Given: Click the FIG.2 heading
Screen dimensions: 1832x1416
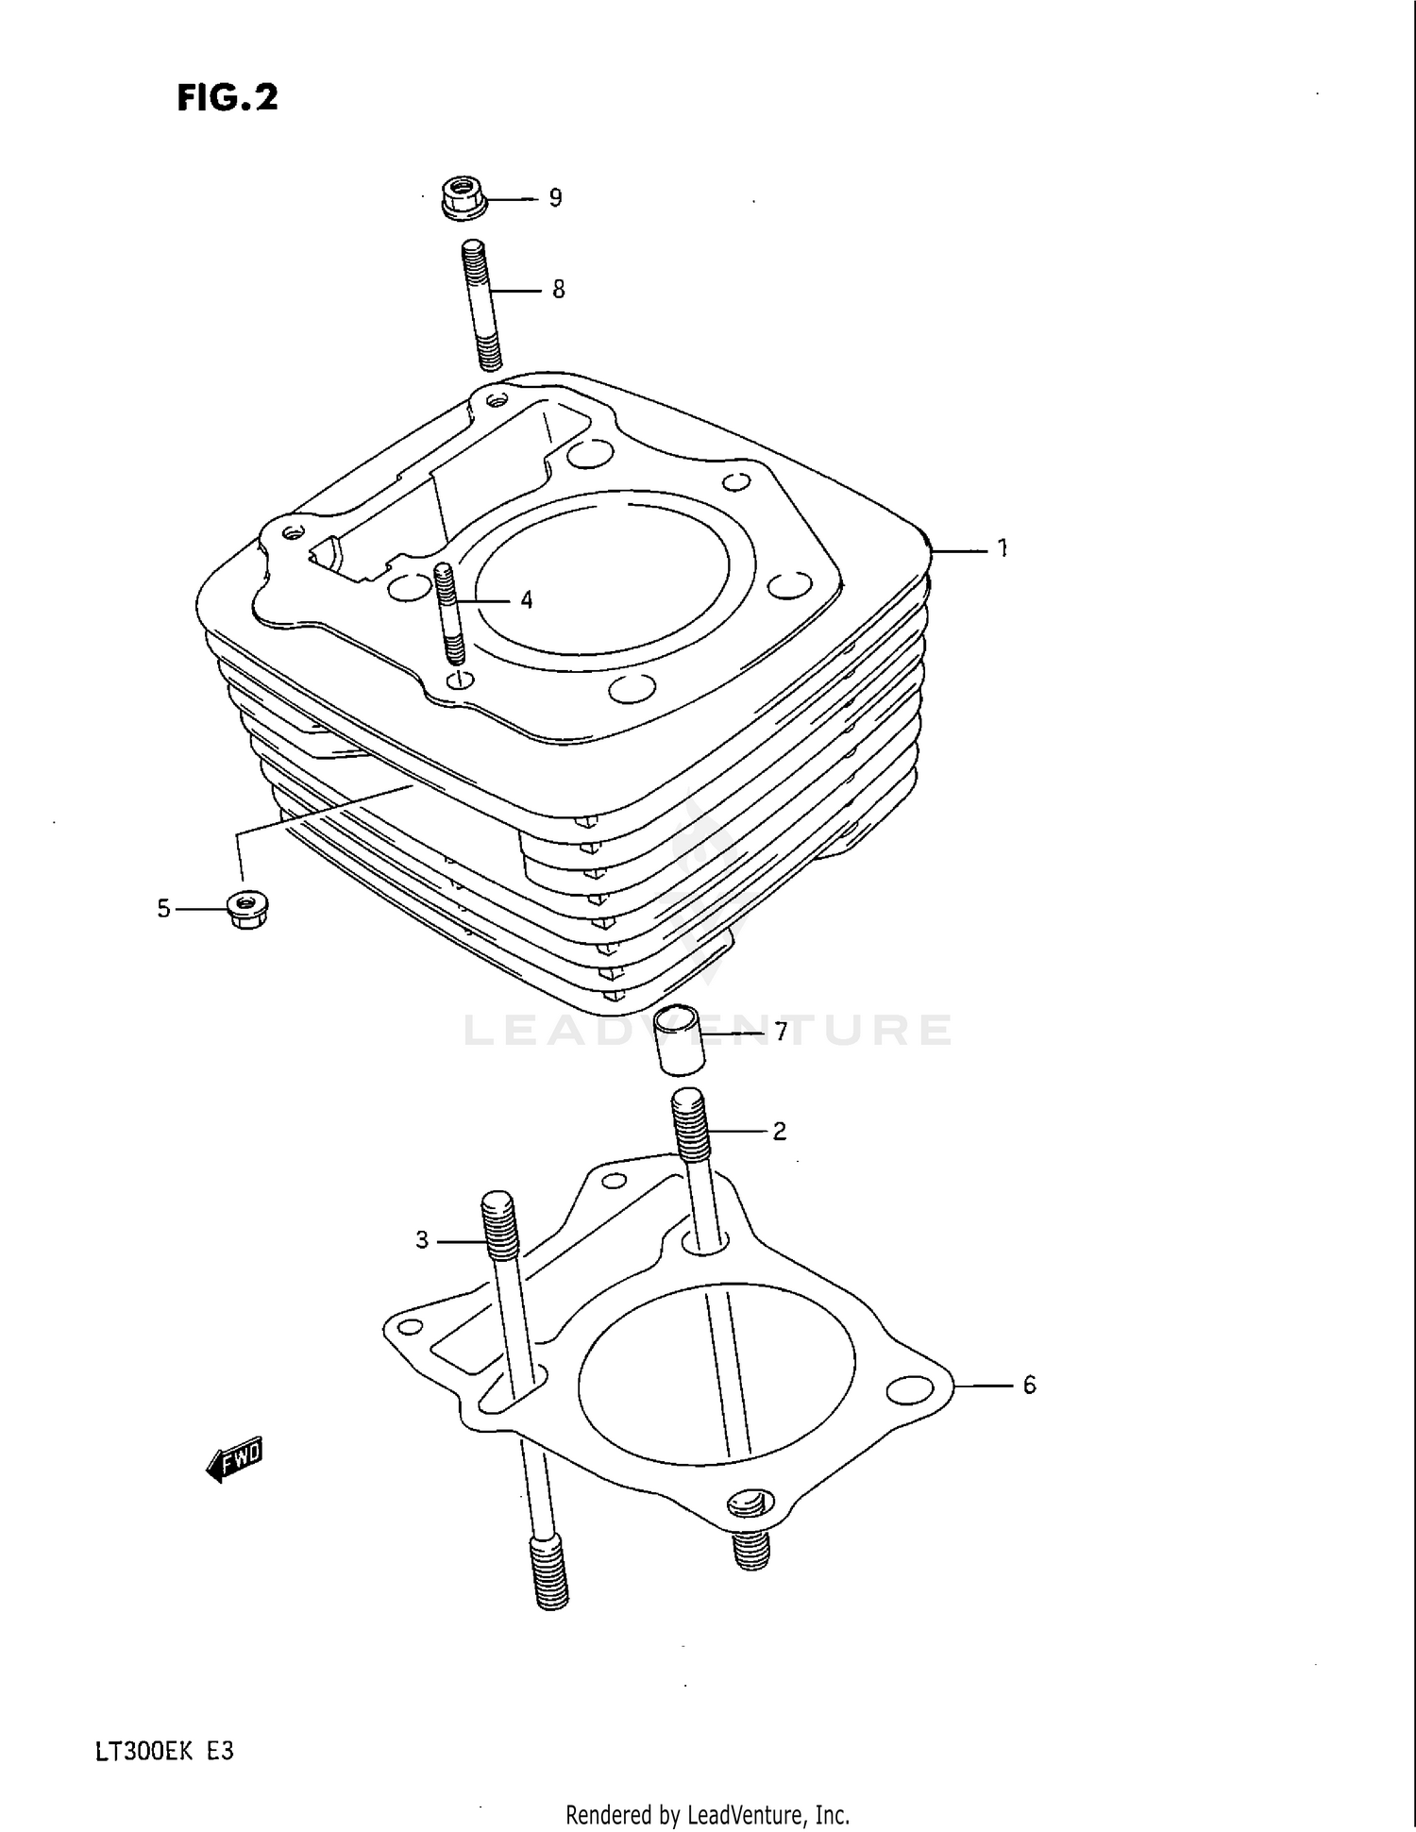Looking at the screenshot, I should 228,98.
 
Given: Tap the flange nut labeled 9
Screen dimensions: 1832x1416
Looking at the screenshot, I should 463,199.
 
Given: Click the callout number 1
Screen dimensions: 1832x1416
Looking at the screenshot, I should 1003,547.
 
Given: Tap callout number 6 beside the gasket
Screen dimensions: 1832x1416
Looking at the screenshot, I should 1029,1385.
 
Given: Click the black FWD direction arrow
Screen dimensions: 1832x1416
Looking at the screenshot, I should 234,1461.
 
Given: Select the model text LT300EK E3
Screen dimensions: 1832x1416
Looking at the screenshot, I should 163,1752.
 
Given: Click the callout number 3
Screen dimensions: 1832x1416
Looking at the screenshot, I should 422,1239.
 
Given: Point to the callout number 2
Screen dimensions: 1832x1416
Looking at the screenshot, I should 780,1131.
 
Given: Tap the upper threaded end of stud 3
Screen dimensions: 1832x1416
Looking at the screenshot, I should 500,1225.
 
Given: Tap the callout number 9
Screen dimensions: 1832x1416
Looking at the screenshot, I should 555,198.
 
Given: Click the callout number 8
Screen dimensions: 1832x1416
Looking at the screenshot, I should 558,289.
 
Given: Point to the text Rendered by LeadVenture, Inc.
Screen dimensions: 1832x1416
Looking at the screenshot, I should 707,1814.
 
